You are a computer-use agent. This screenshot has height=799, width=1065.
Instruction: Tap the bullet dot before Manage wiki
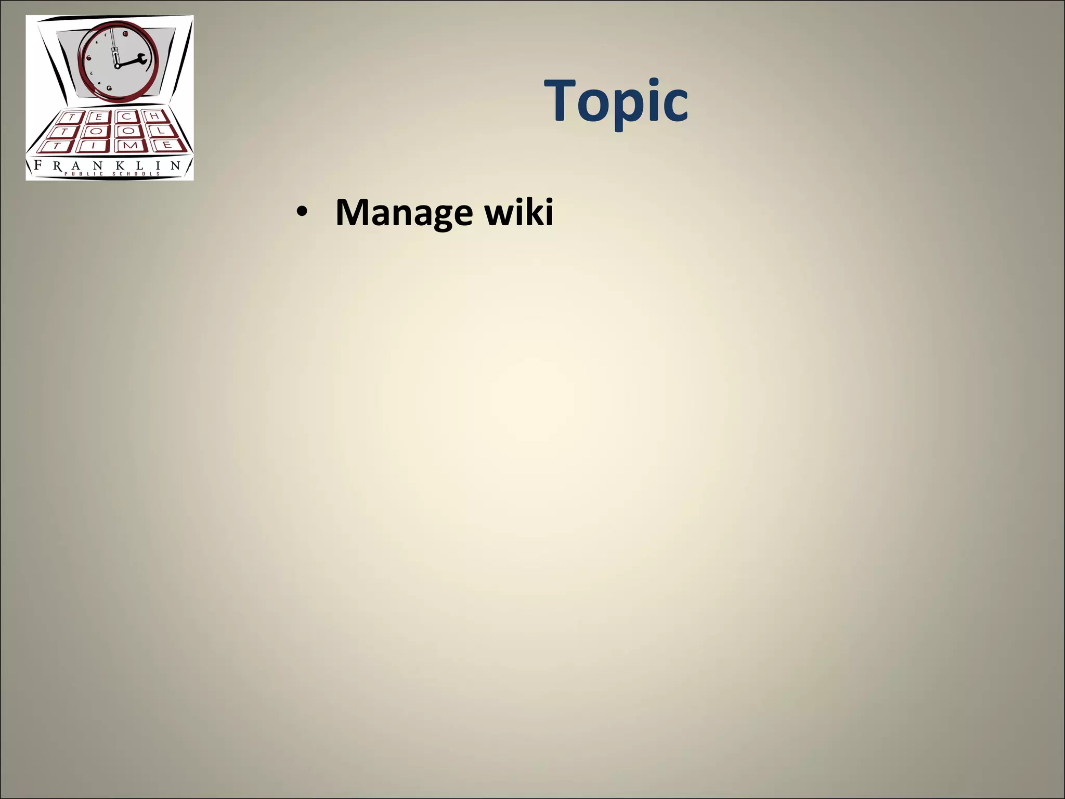[301, 213]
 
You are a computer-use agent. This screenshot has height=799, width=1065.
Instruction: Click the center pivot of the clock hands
[117, 66]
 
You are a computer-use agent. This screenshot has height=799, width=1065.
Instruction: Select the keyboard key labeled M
[131, 145]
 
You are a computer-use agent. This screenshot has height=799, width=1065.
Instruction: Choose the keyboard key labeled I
[93, 146]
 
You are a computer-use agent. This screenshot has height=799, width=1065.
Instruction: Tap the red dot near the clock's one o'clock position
[126, 34]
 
